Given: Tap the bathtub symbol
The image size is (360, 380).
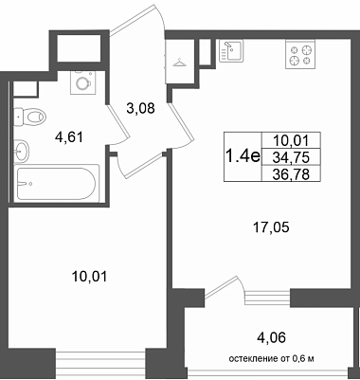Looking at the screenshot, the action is click(x=56, y=184).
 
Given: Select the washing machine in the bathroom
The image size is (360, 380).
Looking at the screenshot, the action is click(x=83, y=82).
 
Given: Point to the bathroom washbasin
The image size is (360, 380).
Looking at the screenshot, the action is click(x=22, y=152).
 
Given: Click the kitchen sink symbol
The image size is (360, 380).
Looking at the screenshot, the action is click(x=231, y=51).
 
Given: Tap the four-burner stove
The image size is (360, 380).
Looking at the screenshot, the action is click(x=300, y=54).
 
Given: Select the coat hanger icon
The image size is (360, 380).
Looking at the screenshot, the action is click(x=178, y=63).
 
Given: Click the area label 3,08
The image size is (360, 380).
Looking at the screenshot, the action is click(x=140, y=109).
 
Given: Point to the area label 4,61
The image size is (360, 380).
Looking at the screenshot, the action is click(x=68, y=137).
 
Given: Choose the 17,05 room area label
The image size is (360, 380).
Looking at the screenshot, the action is click(x=271, y=227).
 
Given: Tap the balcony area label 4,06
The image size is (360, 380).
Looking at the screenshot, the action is click(x=272, y=337).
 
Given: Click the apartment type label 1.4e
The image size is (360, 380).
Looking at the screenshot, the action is click(x=242, y=156).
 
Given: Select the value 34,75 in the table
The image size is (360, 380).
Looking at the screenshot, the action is click(x=291, y=157).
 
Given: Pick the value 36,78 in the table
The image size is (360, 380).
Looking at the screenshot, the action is click(x=291, y=174).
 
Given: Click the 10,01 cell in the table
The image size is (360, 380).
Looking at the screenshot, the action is click(x=292, y=140).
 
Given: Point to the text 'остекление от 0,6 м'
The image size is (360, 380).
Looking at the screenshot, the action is click(x=271, y=359).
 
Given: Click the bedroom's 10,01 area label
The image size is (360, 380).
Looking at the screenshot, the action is click(x=90, y=277).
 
